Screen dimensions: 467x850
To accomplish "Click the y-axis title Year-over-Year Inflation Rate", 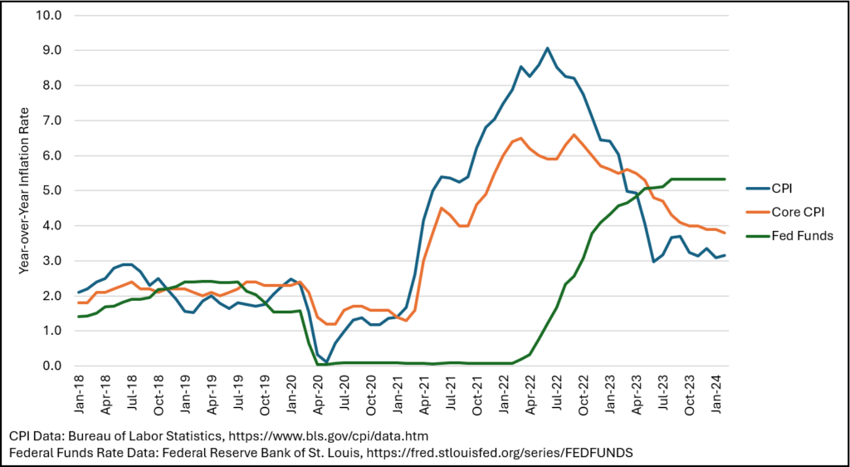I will pyautogui.click(x=25, y=190).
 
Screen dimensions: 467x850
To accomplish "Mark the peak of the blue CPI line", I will pyautogui.click(x=547, y=48).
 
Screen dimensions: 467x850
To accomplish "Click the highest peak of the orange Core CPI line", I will pyautogui.click(x=574, y=135).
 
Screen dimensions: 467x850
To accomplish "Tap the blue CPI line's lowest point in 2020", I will pyautogui.click(x=326, y=361).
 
